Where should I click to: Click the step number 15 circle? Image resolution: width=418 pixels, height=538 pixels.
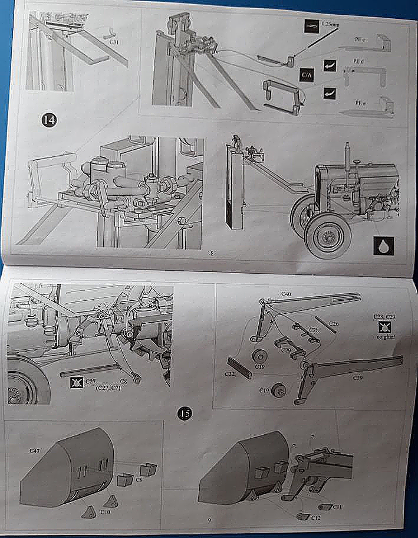click(185, 414)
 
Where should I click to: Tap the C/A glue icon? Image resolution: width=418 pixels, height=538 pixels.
click(307, 76)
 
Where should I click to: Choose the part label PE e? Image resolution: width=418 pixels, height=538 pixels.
click(360, 103)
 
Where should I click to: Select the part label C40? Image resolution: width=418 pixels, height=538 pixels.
click(285, 293)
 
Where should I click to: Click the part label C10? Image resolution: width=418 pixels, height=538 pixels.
click(106, 511)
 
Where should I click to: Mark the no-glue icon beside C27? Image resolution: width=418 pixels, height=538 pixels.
click(75, 382)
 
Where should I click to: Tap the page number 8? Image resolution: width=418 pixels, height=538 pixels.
click(212, 255)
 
